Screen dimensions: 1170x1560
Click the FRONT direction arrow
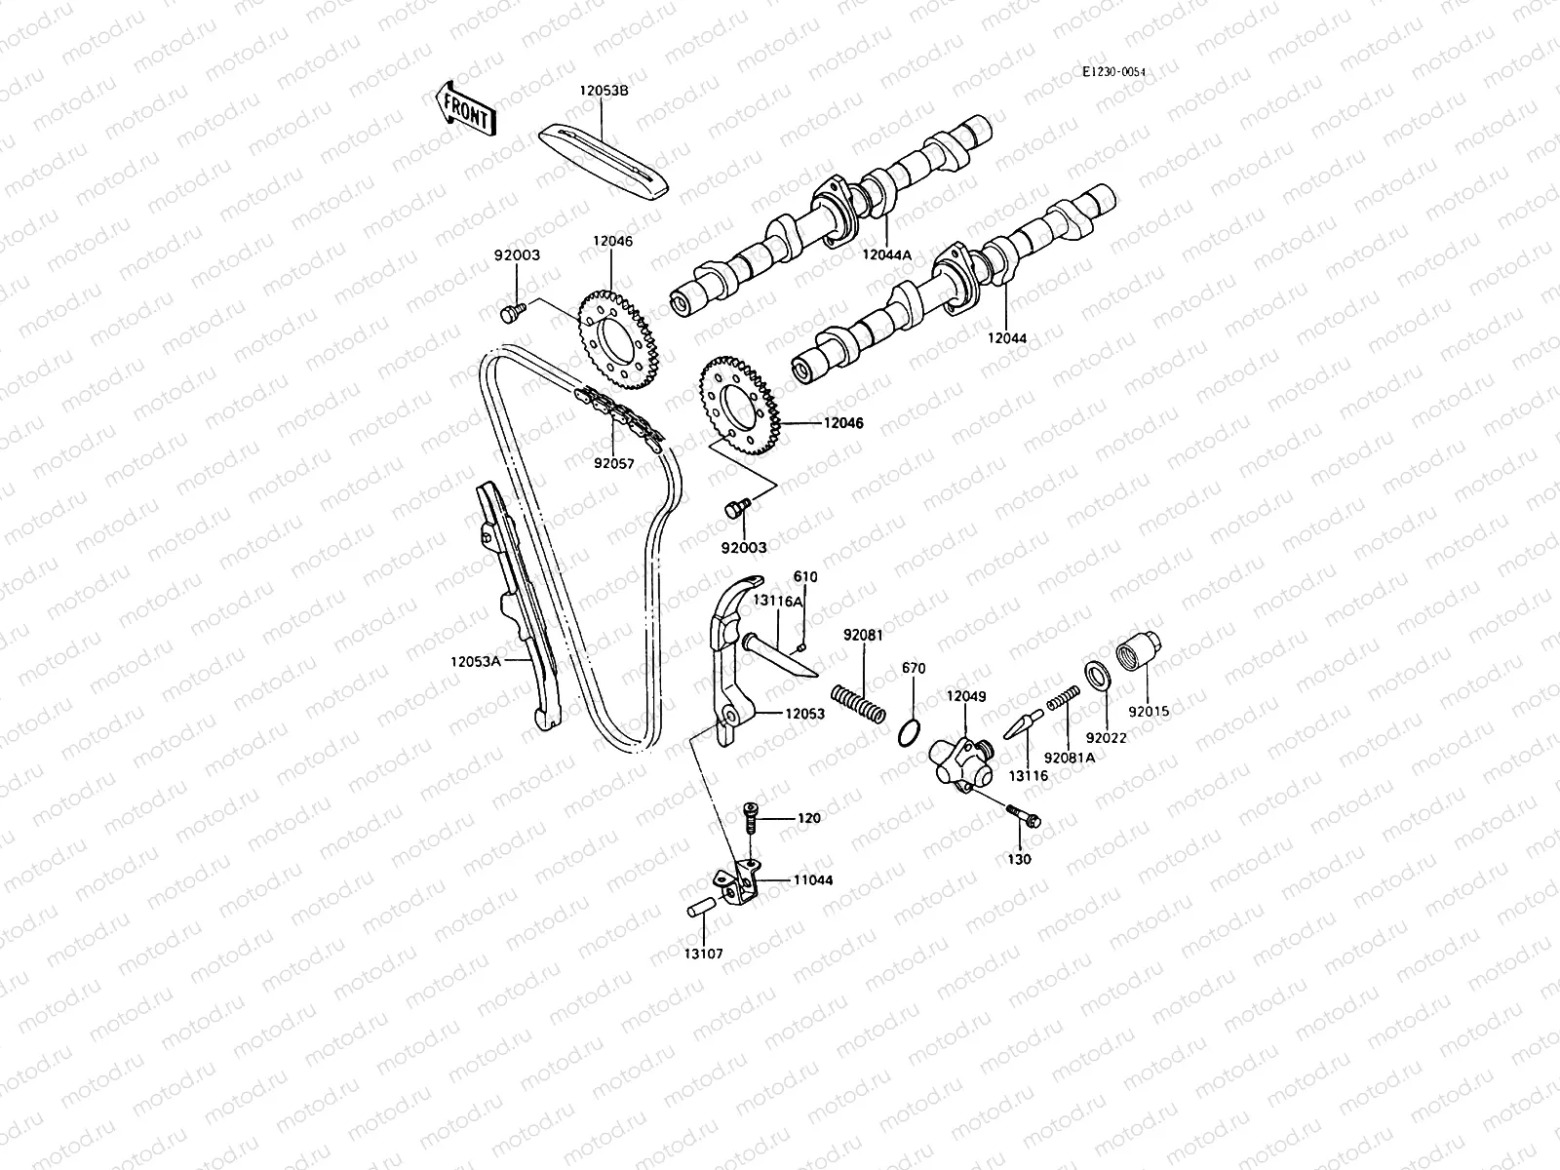pyautogui.click(x=466, y=109)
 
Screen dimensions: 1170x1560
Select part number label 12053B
pyautogui.click(x=604, y=91)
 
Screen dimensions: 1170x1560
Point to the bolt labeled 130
pyautogui.click(x=1022, y=815)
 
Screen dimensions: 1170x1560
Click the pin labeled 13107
pyautogui.click(x=702, y=905)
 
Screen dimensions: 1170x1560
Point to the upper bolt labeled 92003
pyautogui.click(x=509, y=311)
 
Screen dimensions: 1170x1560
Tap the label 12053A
pyautogui.click(x=475, y=660)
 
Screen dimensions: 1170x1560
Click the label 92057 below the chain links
pyautogui.click(x=614, y=464)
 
